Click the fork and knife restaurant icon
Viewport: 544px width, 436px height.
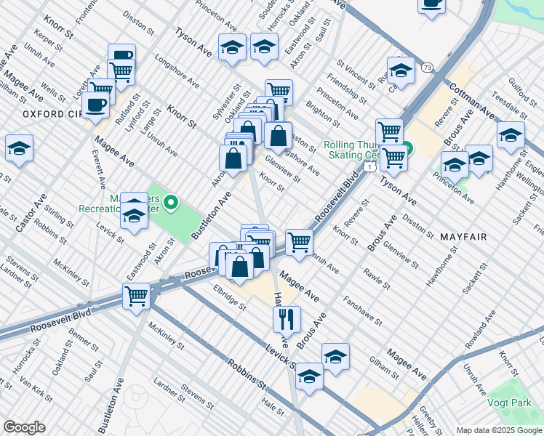(287, 318)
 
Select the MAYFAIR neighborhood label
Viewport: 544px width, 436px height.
(463, 237)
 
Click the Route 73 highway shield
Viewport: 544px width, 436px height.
(428, 68)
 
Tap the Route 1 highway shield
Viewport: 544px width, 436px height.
(371, 168)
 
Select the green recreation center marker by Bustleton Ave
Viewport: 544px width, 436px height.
(172, 202)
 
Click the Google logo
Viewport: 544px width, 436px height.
(24, 427)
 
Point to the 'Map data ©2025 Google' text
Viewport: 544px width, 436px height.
(498, 430)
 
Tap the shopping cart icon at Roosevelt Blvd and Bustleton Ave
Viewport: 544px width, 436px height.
(136, 296)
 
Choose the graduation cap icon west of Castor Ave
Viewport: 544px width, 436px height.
(19, 149)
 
